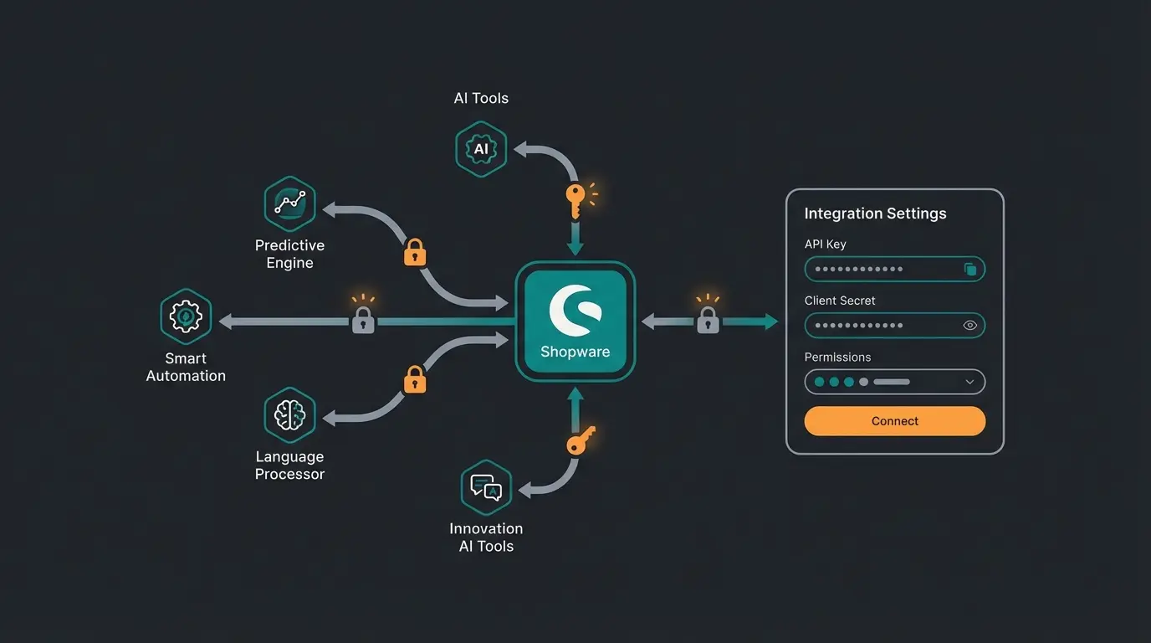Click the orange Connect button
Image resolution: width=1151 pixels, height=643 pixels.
(894, 421)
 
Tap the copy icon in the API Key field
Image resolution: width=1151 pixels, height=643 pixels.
(970, 270)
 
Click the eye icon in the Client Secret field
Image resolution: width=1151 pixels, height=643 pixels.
(970, 326)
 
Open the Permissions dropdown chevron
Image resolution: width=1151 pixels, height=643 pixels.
(970, 382)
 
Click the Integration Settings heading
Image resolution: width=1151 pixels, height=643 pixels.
(875, 213)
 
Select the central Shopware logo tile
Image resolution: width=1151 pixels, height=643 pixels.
(575, 321)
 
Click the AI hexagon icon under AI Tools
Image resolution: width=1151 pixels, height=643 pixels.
(481, 150)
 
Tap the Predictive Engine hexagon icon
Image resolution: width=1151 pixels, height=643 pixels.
(289, 203)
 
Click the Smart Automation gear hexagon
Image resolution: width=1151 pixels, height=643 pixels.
(185, 316)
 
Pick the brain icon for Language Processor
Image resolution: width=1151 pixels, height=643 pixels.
(289, 414)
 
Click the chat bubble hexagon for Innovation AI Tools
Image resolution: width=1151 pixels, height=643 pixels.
(485, 486)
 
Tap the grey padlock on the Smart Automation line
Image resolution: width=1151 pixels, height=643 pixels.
(362, 321)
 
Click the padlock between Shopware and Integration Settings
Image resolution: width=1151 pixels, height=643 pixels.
(708, 321)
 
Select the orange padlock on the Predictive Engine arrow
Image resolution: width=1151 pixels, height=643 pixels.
(415, 252)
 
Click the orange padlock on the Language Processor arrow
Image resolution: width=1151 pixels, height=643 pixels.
(415, 380)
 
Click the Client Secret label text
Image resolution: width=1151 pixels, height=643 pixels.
(840, 301)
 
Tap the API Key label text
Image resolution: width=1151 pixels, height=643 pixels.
(825, 244)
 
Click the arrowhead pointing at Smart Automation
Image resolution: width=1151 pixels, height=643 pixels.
(226, 321)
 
